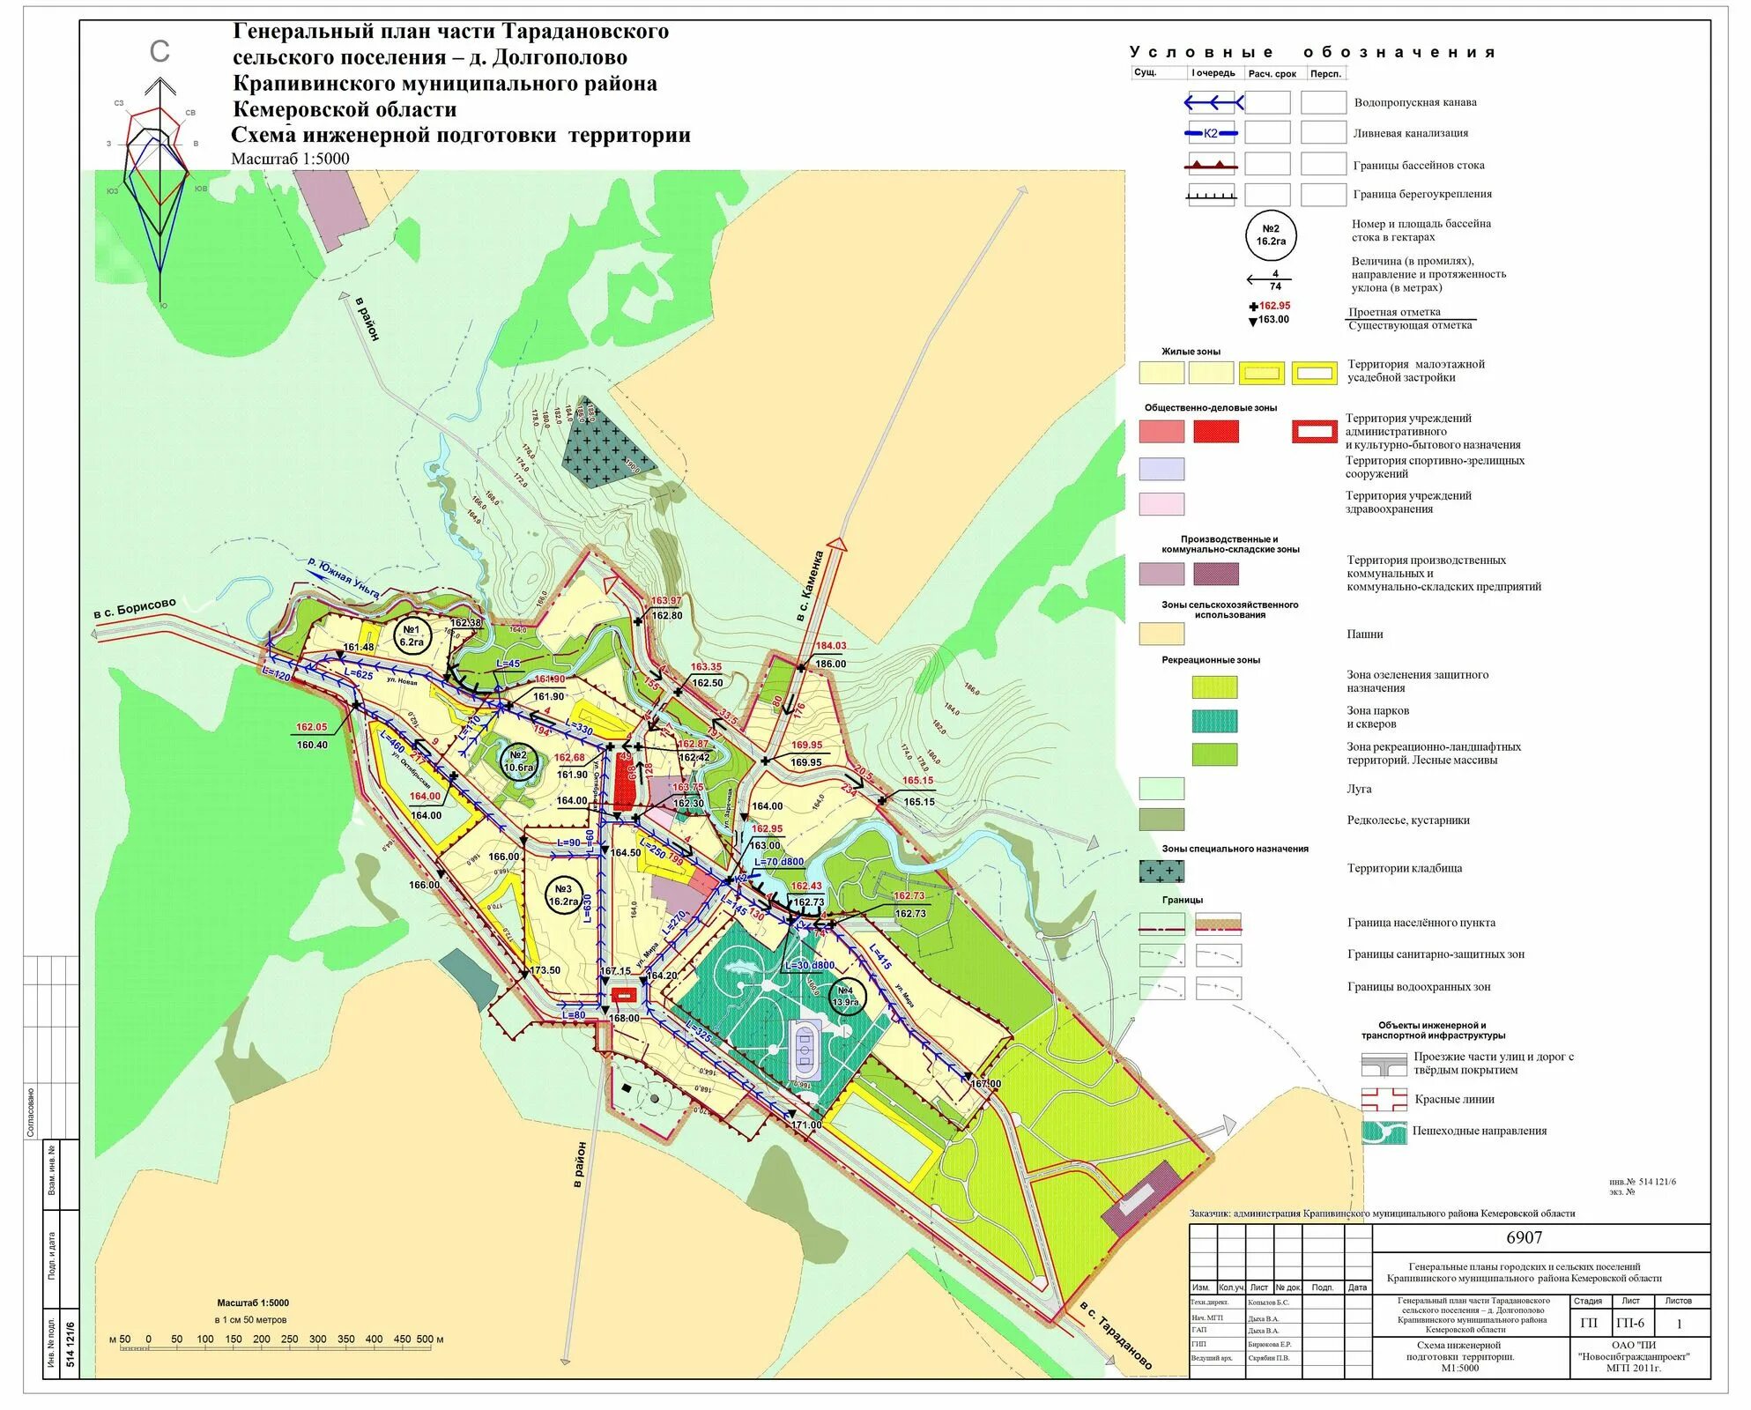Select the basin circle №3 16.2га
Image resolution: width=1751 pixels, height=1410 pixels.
click(563, 895)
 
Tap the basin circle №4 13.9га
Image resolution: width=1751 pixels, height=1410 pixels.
click(846, 997)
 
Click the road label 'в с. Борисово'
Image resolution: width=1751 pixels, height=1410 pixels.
click(135, 608)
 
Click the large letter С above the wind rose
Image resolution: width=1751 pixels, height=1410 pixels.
click(160, 52)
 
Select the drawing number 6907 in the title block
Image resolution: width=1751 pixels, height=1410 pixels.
click(1524, 1237)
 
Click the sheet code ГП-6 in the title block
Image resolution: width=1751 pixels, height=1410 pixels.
click(1630, 1323)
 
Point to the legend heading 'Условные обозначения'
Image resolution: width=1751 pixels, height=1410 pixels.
click(1312, 53)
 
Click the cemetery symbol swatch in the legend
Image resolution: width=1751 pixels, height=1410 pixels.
click(1161, 871)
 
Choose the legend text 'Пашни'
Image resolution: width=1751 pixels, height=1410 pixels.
click(1365, 634)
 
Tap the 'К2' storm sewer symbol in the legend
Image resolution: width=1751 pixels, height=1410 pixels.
click(1211, 133)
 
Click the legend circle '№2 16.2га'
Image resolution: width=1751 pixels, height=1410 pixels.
click(1271, 235)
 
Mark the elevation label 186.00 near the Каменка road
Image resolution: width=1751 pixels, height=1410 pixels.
click(830, 664)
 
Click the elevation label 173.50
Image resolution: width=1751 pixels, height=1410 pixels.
click(545, 970)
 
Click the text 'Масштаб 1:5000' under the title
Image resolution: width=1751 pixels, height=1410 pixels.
click(290, 159)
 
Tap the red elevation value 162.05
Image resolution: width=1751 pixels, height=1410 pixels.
click(311, 727)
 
